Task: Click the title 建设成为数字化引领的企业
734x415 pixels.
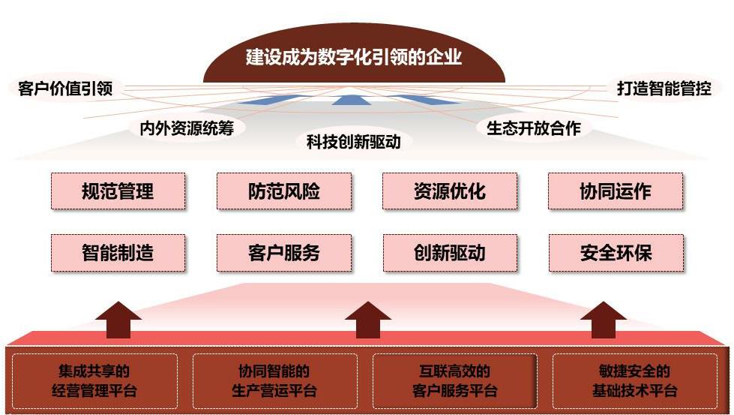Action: click(354, 57)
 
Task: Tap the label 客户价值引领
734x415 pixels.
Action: click(65, 88)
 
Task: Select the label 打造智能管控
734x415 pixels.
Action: click(664, 88)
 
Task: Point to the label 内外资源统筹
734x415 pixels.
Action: click(187, 128)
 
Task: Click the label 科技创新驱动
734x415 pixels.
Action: click(353, 141)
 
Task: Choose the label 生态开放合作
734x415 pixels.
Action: click(534, 128)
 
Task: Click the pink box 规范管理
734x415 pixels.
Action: click(118, 191)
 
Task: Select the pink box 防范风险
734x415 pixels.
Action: click(284, 191)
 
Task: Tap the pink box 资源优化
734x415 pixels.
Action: click(450, 191)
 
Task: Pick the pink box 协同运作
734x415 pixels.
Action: click(616, 191)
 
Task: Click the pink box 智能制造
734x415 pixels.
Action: click(118, 253)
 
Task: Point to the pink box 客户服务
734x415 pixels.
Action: click(284, 253)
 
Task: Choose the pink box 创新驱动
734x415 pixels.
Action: click(450, 253)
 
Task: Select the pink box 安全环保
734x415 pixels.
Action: click(616, 253)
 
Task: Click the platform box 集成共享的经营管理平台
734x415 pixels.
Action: click(94, 381)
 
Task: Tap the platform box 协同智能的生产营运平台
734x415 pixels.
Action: click(275, 381)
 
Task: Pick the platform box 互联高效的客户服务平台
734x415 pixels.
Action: click(455, 381)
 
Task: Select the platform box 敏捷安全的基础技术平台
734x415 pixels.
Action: click(635, 381)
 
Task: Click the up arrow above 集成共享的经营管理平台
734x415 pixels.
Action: click(118, 320)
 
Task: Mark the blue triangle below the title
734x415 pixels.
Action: click(351, 100)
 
